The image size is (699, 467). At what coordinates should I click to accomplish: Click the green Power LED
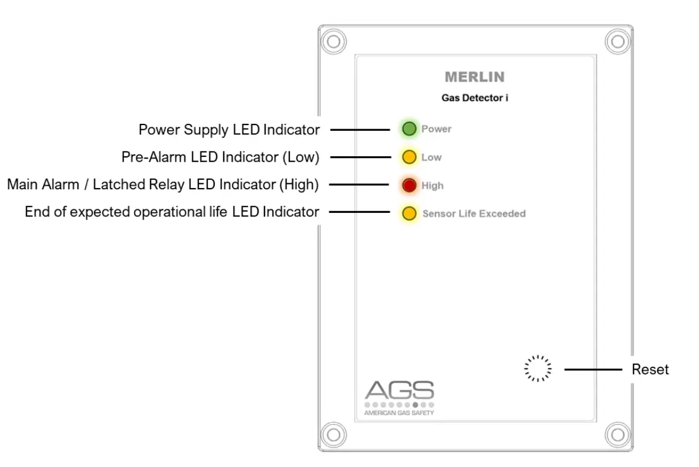pyautogui.click(x=409, y=129)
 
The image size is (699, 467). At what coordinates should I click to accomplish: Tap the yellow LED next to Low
pyautogui.click(x=409, y=157)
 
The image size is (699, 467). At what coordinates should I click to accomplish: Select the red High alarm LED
pyautogui.click(x=409, y=186)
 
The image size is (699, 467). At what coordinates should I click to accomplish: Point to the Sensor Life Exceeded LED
pyautogui.click(x=409, y=213)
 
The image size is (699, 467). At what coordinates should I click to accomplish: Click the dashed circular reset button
pyautogui.click(x=538, y=369)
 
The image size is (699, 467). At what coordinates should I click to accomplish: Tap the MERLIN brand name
pyautogui.click(x=475, y=77)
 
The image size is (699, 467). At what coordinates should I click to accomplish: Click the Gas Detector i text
pyautogui.click(x=475, y=98)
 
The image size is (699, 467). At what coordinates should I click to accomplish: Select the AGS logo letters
pyautogui.click(x=399, y=390)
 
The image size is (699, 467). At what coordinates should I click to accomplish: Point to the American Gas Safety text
pyautogui.click(x=399, y=413)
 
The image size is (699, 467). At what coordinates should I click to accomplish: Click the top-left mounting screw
pyautogui.click(x=334, y=42)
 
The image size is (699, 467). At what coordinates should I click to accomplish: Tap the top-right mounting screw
pyautogui.click(x=618, y=42)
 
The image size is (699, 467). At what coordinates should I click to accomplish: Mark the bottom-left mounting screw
pyautogui.click(x=334, y=435)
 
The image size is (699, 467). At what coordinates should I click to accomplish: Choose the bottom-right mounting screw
pyautogui.click(x=618, y=435)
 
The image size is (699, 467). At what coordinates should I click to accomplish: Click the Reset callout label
pyautogui.click(x=650, y=370)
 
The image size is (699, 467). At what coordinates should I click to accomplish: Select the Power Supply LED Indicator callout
pyautogui.click(x=229, y=130)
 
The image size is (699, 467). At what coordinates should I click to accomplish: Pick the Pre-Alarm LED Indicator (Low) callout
pyautogui.click(x=220, y=157)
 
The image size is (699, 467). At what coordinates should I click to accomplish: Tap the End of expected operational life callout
pyautogui.click(x=172, y=212)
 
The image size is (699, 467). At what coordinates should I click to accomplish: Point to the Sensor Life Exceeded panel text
pyautogui.click(x=473, y=213)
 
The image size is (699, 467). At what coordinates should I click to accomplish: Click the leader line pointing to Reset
pyautogui.click(x=593, y=370)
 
